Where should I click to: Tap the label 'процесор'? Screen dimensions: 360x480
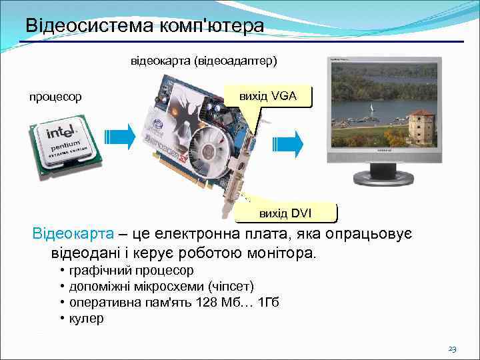coord(55,97)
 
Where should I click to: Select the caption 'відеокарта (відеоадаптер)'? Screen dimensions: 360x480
coord(203,61)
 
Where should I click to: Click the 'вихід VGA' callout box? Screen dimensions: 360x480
coord(269,97)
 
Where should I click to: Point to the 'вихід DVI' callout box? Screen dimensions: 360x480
coord(286,213)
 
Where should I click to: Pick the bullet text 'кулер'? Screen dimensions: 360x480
coord(86,319)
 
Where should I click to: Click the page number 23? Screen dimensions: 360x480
coord(451,349)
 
